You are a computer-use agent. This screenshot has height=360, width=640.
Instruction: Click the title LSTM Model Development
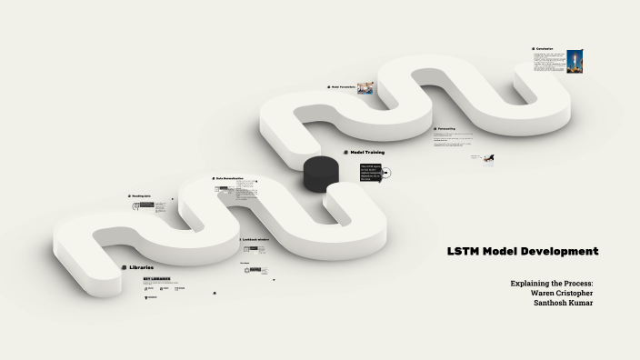click(x=522, y=251)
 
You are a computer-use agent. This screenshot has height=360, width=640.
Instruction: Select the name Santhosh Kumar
click(x=563, y=303)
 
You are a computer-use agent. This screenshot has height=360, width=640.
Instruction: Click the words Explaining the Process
click(x=551, y=283)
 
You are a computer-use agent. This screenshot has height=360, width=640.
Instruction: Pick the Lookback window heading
click(x=255, y=239)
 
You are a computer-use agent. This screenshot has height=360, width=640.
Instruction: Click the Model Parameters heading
click(x=342, y=87)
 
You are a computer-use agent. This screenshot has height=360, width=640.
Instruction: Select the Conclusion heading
click(x=545, y=49)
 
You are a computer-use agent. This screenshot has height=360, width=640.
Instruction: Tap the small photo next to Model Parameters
click(x=365, y=88)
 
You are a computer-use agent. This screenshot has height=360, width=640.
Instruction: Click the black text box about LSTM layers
click(x=370, y=172)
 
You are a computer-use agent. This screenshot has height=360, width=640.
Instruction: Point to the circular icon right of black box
click(x=387, y=172)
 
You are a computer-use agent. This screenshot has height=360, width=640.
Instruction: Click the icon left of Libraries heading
click(x=124, y=267)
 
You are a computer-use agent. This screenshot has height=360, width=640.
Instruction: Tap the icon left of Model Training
click(x=345, y=152)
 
